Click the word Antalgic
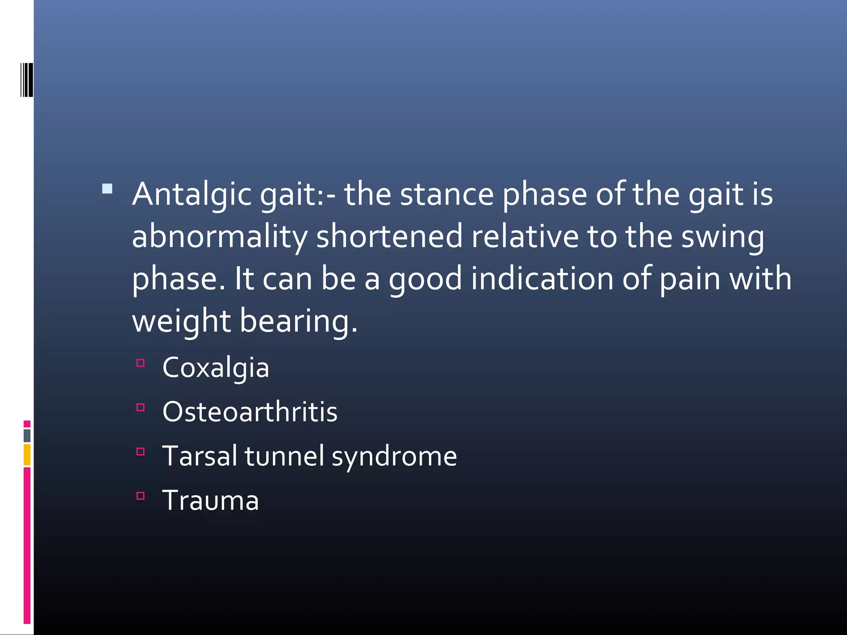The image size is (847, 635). pos(191,194)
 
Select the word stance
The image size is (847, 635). pos(447,194)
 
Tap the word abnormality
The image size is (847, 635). pos(220,236)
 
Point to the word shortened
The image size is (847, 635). pos(389,236)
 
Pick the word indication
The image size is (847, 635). pos(542,279)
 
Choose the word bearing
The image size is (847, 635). pos(298,321)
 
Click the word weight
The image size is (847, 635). pos(181,321)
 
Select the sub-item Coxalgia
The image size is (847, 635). pos(215,368)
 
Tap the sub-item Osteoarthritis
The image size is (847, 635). pos(250,412)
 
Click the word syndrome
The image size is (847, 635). pos(394,456)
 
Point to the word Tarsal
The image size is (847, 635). pos(199,456)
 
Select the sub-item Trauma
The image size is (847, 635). pos(211,500)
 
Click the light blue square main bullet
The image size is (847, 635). pos(107,189)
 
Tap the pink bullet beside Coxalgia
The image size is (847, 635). pos(141,363)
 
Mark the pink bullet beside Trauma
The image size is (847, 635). pos(141,496)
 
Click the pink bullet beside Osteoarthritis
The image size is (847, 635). pos(141,408)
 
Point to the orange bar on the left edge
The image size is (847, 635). pos(27,455)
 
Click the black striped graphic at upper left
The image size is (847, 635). pos(26,80)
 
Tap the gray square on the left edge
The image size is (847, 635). pos(27,435)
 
